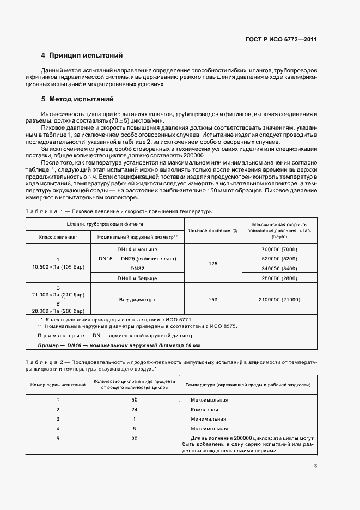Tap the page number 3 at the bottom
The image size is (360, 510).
tap(315, 465)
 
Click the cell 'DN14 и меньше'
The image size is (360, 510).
tap(137, 248)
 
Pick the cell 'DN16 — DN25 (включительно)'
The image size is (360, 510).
tap(137, 258)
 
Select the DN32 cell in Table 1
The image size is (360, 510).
tap(137, 268)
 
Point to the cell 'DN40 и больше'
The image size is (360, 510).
tap(137, 278)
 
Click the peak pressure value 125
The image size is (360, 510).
tap(212, 263)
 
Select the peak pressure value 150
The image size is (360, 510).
tap(212, 299)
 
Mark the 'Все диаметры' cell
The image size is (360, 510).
tap(137, 299)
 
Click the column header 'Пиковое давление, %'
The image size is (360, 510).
tap(212, 230)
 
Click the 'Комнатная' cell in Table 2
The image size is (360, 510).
tap(204, 409)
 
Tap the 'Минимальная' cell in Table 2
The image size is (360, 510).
tap(208, 418)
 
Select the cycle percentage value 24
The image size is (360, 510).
tap(134, 409)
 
